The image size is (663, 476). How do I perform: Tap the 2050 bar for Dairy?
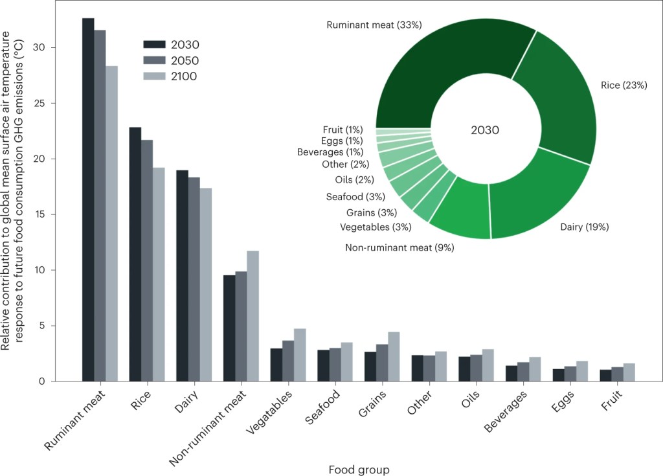[194, 279]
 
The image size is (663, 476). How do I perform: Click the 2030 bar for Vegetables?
[276, 365]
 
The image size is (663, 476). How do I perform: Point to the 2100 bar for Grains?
[394, 356]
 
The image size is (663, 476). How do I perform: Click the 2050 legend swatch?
[155, 60]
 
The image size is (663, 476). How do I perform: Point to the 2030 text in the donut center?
[485, 130]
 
